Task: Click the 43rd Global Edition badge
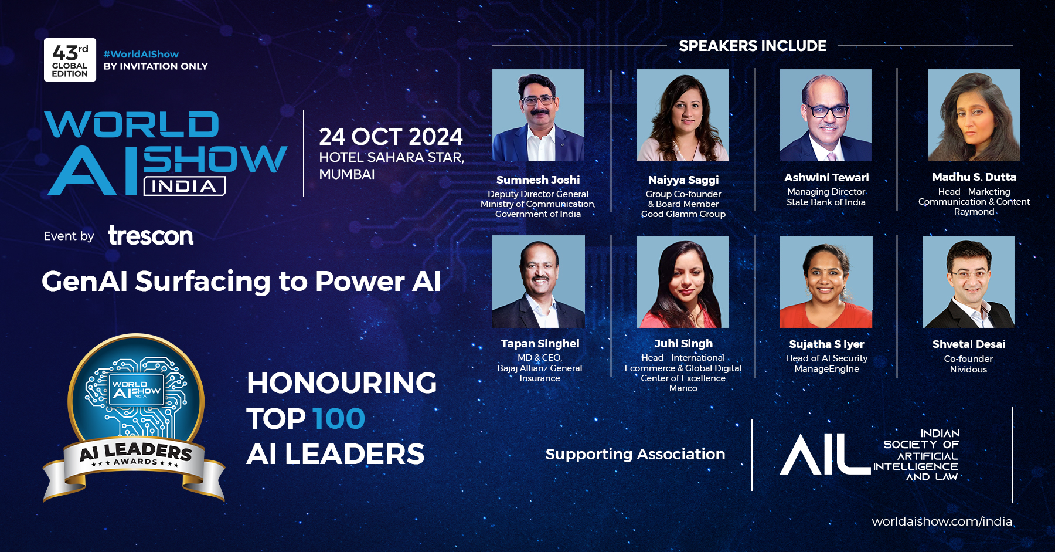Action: click(70, 60)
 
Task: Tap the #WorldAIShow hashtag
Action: click(141, 54)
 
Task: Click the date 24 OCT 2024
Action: click(391, 137)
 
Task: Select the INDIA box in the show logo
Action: click(185, 187)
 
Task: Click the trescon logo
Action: click(151, 236)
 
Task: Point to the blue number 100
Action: click(339, 419)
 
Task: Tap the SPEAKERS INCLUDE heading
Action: click(753, 46)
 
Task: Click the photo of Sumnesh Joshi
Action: click(538, 115)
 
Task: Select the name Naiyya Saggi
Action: click(683, 180)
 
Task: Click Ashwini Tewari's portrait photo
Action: click(825, 115)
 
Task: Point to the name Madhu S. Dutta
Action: click(974, 177)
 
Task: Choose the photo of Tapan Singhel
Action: click(539, 282)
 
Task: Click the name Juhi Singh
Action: click(683, 344)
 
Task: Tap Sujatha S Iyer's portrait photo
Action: click(826, 282)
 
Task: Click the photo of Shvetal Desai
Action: click(968, 282)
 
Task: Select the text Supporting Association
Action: click(635, 454)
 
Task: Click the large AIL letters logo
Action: click(825, 454)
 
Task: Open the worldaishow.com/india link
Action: click(942, 521)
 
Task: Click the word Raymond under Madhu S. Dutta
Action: click(974, 212)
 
